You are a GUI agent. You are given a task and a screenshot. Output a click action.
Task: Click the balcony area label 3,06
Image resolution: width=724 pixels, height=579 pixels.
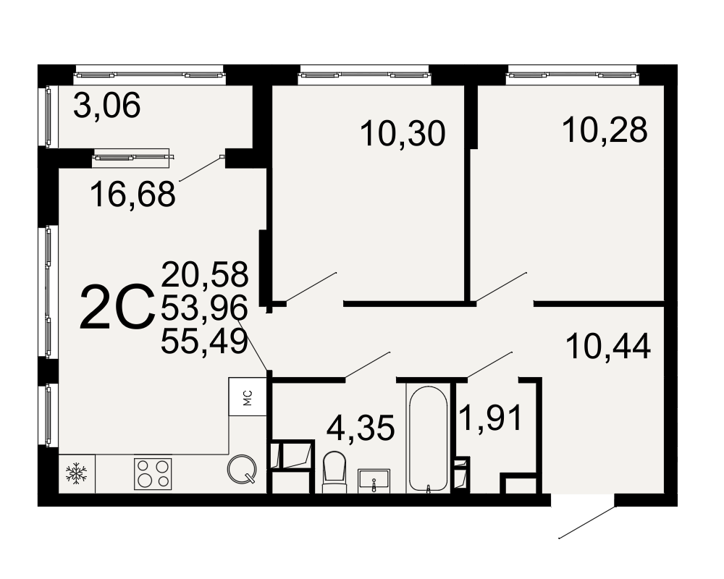[106, 105]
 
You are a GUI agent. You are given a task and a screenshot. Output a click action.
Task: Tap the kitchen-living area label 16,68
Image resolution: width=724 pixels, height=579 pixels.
[133, 194]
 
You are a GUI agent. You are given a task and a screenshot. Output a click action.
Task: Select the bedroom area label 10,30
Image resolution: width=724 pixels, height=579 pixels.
[403, 133]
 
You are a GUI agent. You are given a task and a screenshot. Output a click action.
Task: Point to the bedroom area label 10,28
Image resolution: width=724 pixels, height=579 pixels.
[605, 130]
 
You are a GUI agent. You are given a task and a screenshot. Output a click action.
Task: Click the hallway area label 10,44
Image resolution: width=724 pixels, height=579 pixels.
[608, 346]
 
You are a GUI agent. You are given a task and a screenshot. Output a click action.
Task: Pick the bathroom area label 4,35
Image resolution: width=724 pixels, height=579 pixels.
[361, 428]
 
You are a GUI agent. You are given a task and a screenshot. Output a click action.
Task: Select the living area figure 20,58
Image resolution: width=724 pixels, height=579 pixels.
[205, 274]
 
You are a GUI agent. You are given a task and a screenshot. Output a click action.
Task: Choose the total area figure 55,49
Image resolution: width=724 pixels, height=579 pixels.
[205, 342]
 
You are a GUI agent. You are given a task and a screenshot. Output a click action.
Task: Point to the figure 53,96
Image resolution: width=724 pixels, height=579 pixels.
[205, 308]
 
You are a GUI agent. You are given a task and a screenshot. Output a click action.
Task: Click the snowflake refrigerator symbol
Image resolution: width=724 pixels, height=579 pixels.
[77, 474]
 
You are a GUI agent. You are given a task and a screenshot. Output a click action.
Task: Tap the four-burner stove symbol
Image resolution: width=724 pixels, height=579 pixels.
[153, 474]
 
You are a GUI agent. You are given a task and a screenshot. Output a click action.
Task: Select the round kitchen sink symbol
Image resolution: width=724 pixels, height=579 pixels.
[242, 469]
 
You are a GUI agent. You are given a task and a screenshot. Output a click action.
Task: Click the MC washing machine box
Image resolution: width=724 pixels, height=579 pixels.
[248, 397]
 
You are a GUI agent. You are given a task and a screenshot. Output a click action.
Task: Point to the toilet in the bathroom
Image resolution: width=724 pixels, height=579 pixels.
[334, 472]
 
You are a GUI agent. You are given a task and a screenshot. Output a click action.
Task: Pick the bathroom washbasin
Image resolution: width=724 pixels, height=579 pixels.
[374, 481]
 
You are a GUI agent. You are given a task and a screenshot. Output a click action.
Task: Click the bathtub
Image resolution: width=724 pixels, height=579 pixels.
[429, 438]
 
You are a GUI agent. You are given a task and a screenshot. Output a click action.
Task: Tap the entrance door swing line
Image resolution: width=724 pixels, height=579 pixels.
[587, 523]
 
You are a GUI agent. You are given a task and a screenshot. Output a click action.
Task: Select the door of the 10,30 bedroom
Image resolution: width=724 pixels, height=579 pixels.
[311, 287]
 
